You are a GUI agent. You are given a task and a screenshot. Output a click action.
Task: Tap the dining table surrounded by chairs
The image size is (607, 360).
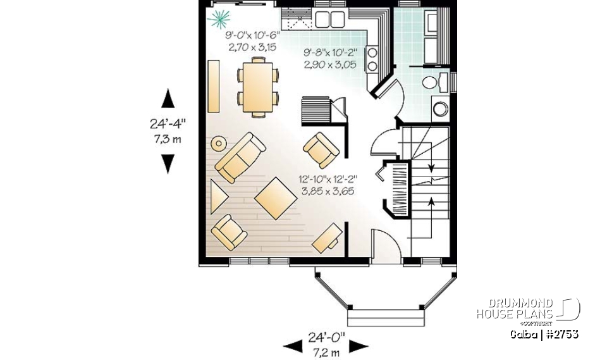point(257,86)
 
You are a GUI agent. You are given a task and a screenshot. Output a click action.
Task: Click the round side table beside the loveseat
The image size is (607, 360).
point(218,143)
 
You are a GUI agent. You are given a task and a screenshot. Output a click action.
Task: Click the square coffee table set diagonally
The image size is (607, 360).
point(276,199)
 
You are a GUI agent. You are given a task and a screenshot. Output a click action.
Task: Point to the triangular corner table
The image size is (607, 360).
point(218,197)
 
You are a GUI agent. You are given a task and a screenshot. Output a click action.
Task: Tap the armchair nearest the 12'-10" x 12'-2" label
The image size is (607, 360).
point(322,148)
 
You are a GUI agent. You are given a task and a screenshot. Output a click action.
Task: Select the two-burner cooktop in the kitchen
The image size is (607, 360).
point(373,59)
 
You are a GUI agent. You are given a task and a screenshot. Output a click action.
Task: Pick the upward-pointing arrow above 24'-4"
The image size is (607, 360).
point(168,99)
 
